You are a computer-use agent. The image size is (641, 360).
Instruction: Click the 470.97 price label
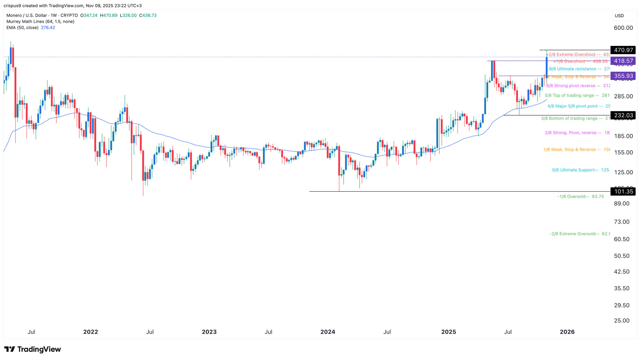tap(623, 50)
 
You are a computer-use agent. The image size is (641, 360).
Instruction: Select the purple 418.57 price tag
tap(623, 61)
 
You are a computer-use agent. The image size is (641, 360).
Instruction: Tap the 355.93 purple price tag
tap(623, 76)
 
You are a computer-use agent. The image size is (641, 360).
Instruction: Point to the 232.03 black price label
tap(623, 115)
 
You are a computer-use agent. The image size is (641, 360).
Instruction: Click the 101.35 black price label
tap(623, 191)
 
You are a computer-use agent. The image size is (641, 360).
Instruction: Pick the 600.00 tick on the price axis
tap(623, 28)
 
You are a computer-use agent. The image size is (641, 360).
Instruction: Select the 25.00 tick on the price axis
tap(622, 321)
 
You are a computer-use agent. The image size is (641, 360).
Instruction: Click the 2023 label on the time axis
tap(209, 332)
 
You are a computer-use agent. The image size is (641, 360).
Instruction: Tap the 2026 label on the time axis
tap(567, 332)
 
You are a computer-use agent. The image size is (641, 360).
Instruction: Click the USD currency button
tap(619, 16)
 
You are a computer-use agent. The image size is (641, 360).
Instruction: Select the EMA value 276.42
tap(48, 28)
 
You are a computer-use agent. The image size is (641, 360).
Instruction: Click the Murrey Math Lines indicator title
tap(40, 22)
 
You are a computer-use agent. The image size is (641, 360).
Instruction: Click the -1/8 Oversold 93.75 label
tap(580, 197)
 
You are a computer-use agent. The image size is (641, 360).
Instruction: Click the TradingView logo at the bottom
tap(33, 349)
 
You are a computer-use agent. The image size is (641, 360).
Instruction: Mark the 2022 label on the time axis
tap(90, 332)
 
